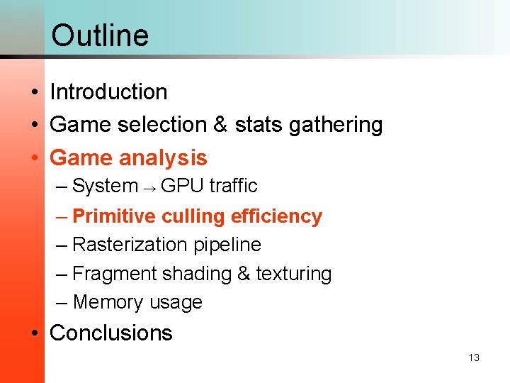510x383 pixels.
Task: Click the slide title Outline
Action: tap(100, 35)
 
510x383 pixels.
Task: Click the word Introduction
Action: tap(108, 91)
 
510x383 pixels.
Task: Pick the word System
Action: tap(105, 186)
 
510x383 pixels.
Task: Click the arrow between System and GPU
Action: tap(149, 187)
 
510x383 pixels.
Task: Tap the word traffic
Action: tap(233, 186)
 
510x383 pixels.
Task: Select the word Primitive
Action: tap(113, 216)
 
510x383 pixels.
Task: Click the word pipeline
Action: tap(226, 245)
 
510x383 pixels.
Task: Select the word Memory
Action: tap(106, 302)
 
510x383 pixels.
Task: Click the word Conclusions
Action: tap(111, 333)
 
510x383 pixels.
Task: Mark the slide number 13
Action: tap(474, 357)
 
